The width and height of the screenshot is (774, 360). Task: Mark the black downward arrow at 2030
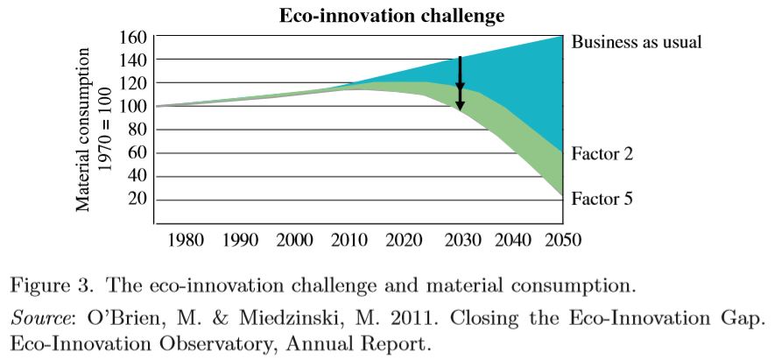[460, 84]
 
